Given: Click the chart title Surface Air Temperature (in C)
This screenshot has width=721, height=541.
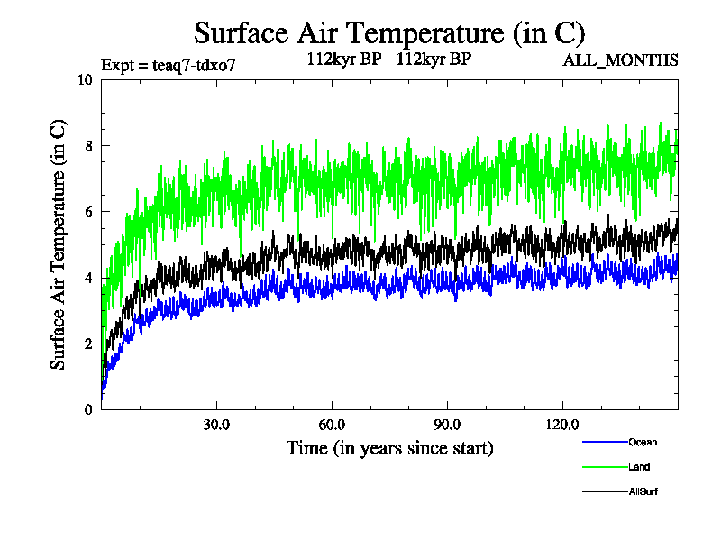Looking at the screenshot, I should (x=389, y=33).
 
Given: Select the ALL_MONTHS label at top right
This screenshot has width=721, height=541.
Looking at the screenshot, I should (x=620, y=60).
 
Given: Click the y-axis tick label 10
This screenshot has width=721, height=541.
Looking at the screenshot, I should (x=86, y=79).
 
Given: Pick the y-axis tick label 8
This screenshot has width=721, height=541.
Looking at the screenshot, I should (x=89, y=145).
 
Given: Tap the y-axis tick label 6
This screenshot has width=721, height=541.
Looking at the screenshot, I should (x=89, y=212).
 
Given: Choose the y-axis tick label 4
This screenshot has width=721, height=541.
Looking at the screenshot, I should (x=89, y=278).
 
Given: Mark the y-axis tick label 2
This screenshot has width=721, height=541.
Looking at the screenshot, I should (x=89, y=344).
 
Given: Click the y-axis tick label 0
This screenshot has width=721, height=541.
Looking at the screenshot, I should (x=89, y=409).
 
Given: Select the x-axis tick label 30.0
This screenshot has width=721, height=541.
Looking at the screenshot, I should (x=216, y=425).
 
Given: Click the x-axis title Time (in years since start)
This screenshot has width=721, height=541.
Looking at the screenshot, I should (x=389, y=447).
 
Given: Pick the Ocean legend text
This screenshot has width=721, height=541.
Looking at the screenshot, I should (x=643, y=442).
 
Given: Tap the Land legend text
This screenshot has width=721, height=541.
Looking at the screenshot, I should (x=639, y=467).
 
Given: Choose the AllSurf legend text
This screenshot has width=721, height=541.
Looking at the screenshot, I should (x=643, y=491).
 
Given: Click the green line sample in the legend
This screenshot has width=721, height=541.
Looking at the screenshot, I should (x=605, y=467).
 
